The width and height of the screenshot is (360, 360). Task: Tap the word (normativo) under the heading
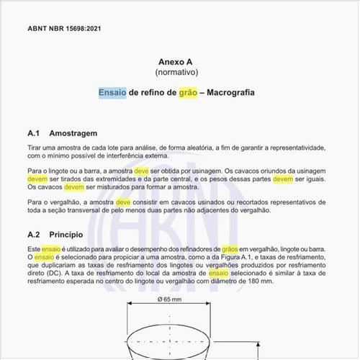pyautogui.click(x=176, y=73)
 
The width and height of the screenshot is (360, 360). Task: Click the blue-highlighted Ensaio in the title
pyautogui.click(x=113, y=94)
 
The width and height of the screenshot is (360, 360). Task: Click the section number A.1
pyautogui.click(x=37, y=134)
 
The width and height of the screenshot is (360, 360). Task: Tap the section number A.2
pyautogui.click(x=37, y=235)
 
